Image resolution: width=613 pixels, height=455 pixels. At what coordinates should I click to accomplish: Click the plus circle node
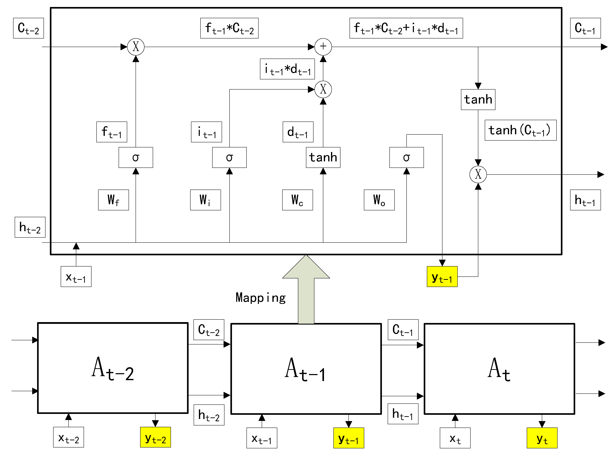(x=323, y=47)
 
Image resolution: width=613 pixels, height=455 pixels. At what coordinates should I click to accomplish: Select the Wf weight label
(x=113, y=200)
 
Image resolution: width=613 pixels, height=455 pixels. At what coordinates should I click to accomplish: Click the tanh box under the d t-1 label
(x=323, y=157)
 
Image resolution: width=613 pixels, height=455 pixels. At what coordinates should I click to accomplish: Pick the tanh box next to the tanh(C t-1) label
(x=478, y=99)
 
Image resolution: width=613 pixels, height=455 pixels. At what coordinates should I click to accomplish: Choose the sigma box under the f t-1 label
(x=136, y=157)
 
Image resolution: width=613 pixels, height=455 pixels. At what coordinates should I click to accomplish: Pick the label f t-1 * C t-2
(x=229, y=28)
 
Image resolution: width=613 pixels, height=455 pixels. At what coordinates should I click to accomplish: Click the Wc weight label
(x=297, y=200)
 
